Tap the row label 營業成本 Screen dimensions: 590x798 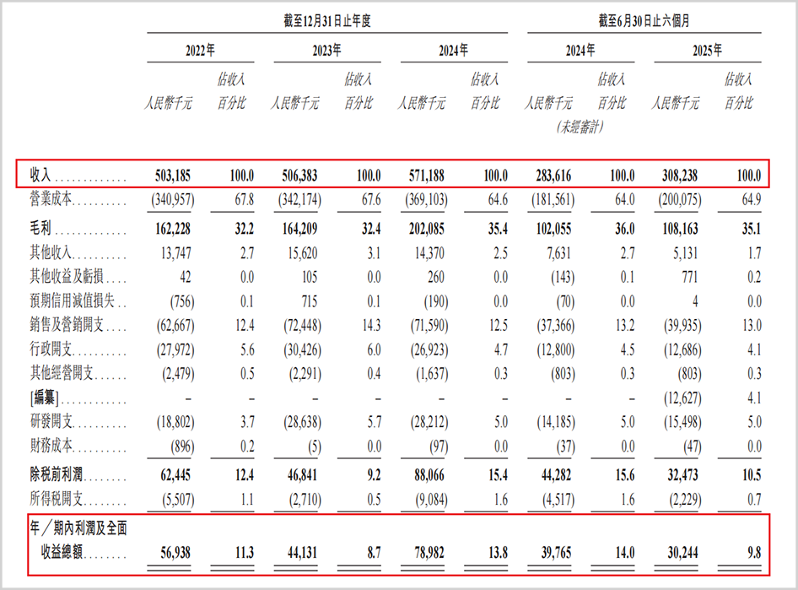53,200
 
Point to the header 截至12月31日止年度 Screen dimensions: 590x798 328,23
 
